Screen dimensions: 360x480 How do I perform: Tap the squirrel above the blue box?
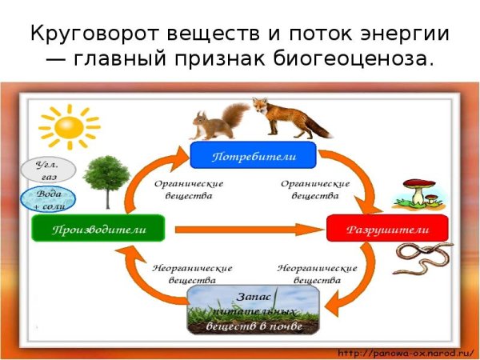coord(212,124)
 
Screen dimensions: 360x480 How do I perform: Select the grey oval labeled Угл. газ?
coord(49,169)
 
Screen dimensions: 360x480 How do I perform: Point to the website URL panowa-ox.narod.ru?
coord(406,353)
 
